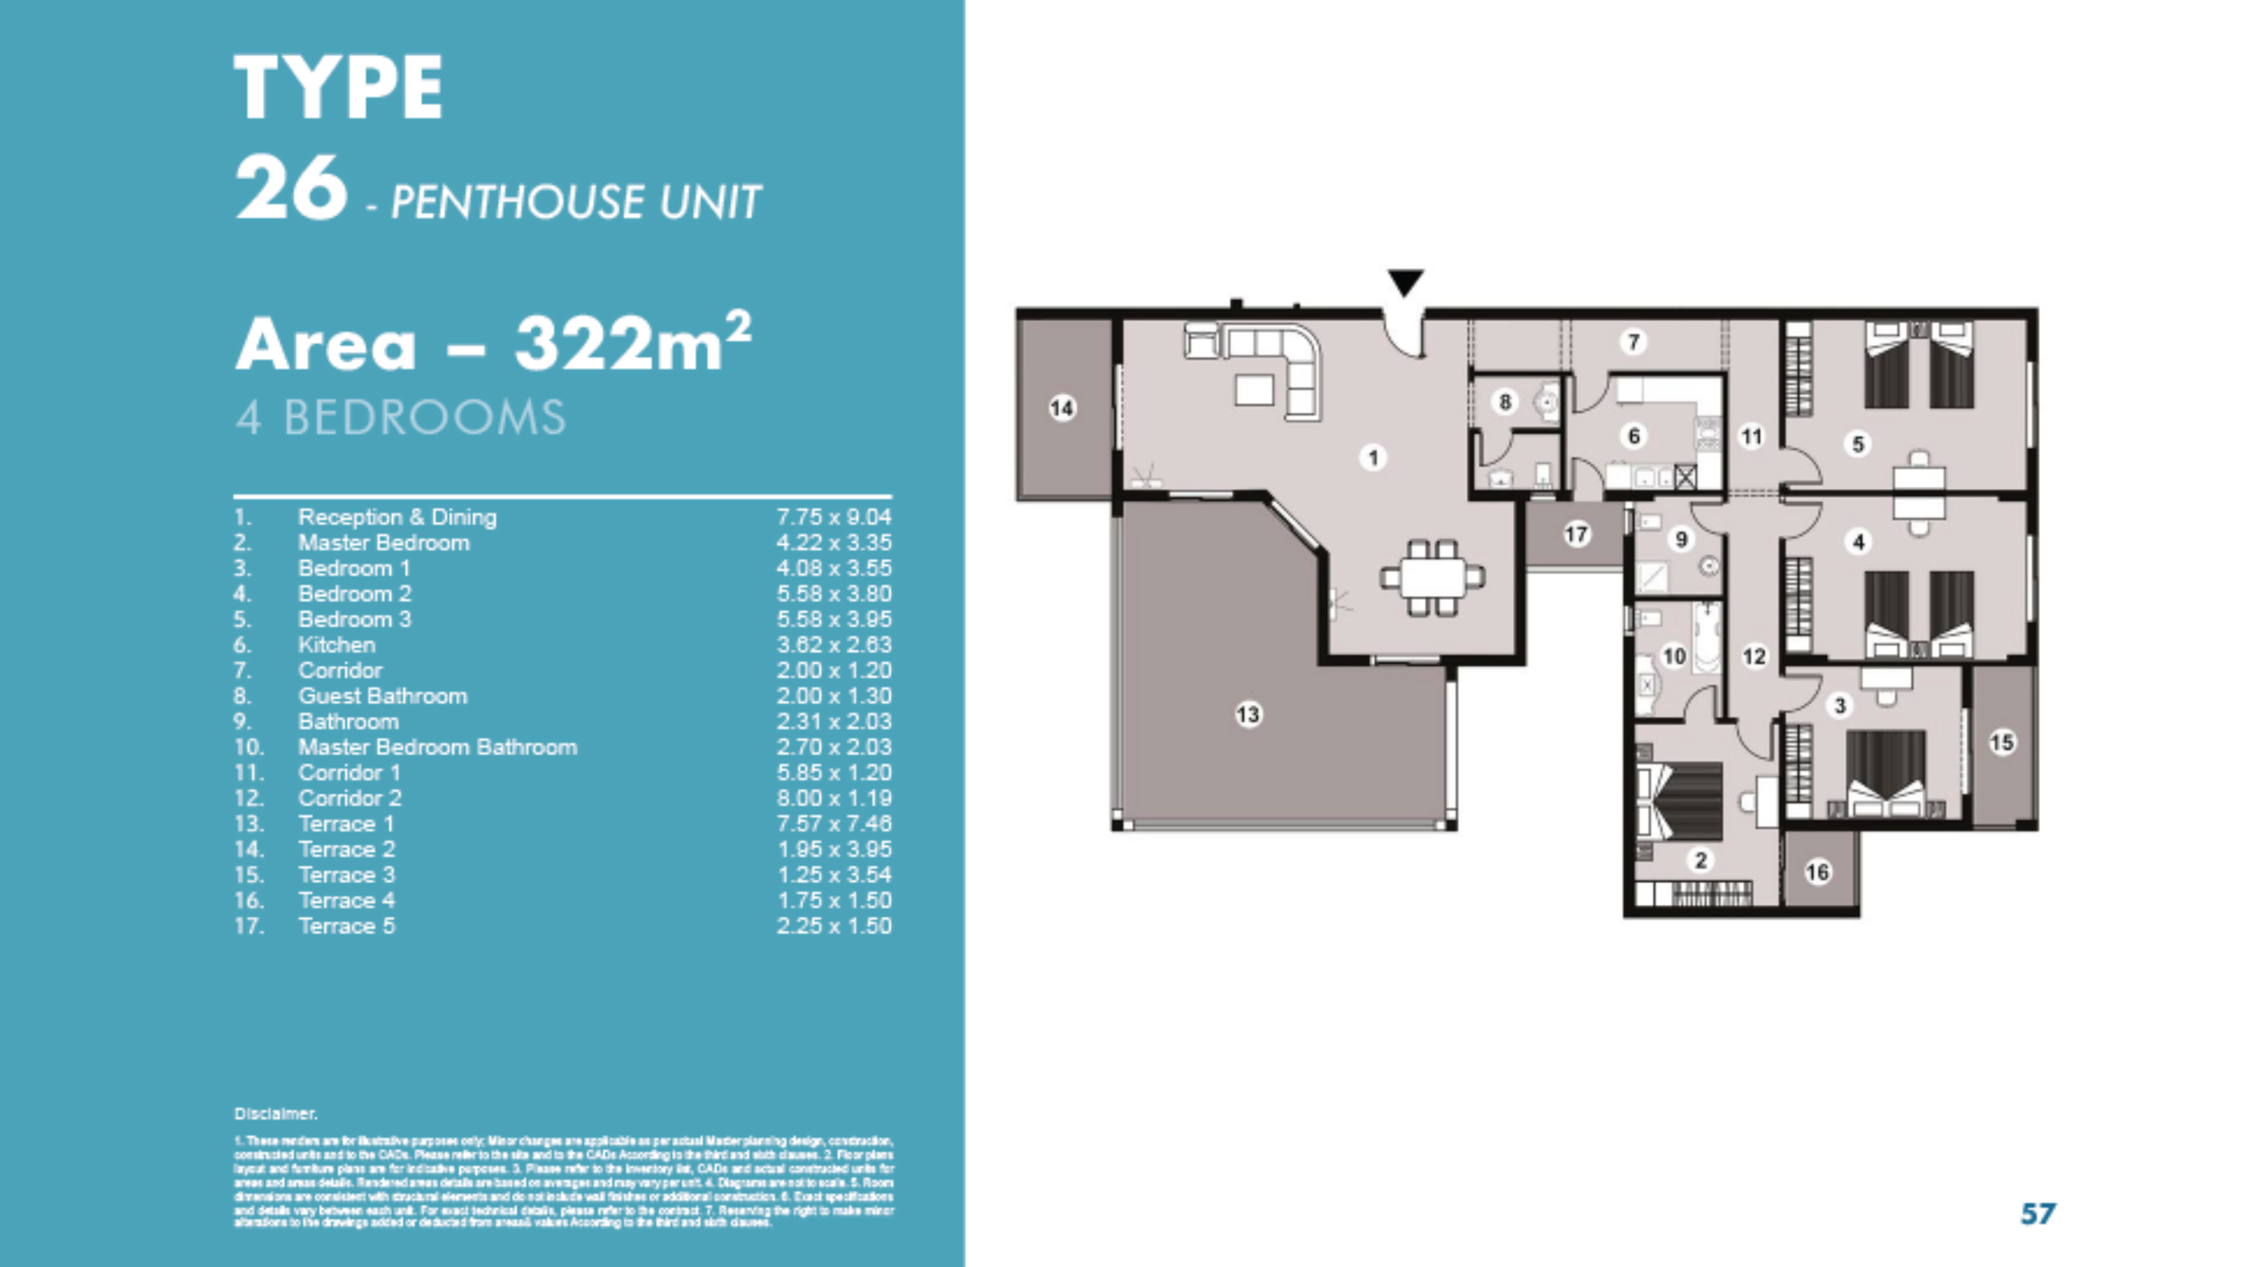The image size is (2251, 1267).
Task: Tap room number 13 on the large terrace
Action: coord(1248,715)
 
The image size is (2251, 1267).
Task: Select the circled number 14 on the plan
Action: coord(1062,407)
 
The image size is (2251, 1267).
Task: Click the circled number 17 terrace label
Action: coord(1576,534)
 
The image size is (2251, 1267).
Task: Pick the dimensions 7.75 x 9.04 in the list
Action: coord(833,517)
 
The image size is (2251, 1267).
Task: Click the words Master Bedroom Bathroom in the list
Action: coord(437,747)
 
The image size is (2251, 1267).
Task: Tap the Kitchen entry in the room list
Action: coord(337,645)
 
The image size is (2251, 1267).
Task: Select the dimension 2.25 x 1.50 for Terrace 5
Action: coord(833,926)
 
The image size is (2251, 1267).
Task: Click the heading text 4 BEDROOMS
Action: coord(400,417)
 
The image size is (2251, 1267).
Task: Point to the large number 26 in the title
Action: coord(290,188)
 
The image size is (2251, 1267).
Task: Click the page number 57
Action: coord(2038,1213)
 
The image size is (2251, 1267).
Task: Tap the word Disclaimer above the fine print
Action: coord(275,1113)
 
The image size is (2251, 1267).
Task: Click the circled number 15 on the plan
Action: coord(2002,743)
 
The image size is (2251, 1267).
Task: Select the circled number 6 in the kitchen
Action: coord(1633,435)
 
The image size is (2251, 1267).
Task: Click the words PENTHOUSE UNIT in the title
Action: coord(576,202)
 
